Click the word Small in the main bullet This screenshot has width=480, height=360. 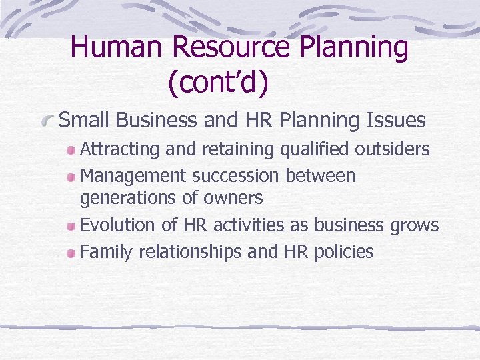coord(83,120)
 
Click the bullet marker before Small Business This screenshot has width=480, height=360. coord(48,121)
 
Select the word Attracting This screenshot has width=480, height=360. coord(120,149)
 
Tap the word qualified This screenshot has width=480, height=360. coord(310,149)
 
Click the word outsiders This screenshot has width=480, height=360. coord(391,149)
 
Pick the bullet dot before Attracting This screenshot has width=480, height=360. coord(71,150)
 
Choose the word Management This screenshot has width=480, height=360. coord(133,176)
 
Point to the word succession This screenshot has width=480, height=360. coord(235,176)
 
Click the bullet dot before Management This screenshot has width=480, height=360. coord(71,177)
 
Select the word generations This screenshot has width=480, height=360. coord(127,198)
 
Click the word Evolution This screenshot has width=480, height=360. coord(118,225)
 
